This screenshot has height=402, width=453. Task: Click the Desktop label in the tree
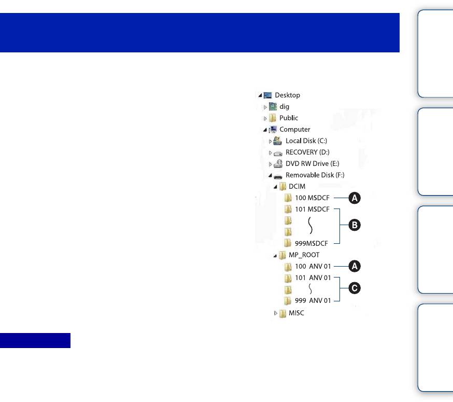click(287, 95)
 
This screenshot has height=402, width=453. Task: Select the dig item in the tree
click(284, 107)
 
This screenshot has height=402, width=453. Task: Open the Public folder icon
click(273, 118)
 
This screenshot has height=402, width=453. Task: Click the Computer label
click(294, 130)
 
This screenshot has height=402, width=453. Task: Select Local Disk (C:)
click(306, 141)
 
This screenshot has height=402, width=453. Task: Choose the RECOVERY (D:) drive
click(308, 153)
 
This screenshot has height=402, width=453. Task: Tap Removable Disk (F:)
click(317, 175)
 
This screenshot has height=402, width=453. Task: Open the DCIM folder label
click(297, 186)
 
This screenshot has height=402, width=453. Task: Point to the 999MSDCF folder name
click(312, 243)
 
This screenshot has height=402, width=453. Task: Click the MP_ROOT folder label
click(304, 255)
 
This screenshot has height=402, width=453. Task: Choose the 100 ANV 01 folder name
click(313, 266)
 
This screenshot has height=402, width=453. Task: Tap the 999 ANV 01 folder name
click(313, 301)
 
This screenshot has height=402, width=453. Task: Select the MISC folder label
click(296, 313)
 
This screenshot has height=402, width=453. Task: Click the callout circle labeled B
click(355, 226)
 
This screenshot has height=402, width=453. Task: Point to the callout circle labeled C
click(355, 289)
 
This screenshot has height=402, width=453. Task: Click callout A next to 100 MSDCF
click(355, 198)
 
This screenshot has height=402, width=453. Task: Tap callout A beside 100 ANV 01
click(355, 266)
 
